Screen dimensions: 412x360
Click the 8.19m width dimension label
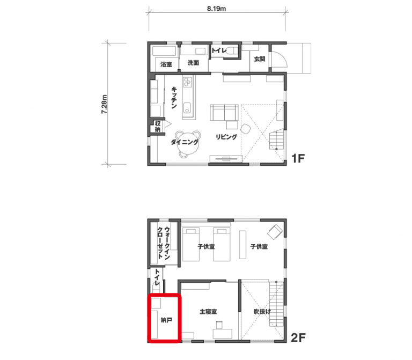(x=216, y=9)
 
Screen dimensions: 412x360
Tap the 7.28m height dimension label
(x=104, y=104)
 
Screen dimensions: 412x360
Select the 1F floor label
(x=298, y=158)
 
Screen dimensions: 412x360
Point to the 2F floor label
(x=298, y=337)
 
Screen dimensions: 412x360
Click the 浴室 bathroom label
(x=166, y=64)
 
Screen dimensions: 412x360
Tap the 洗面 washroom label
(x=193, y=63)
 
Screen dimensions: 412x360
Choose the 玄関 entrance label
(x=259, y=59)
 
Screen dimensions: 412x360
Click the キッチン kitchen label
(x=174, y=98)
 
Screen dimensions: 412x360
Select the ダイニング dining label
(x=185, y=142)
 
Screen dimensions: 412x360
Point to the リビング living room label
(x=226, y=137)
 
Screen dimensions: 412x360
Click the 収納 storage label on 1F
(x=158, y=127)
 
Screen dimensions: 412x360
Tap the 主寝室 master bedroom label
(x=208, y=312)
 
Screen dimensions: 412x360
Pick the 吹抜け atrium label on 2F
(x=262, y=312)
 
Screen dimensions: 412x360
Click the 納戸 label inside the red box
(x=166, y=320)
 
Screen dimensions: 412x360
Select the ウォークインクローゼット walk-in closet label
(x=164, y=243)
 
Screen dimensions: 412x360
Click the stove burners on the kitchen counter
(x=187, y=82)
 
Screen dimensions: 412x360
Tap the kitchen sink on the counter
(x=187, y=108)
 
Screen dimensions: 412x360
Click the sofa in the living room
(x=224, y=113)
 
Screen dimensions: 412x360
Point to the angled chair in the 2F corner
(x=275, y=232)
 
